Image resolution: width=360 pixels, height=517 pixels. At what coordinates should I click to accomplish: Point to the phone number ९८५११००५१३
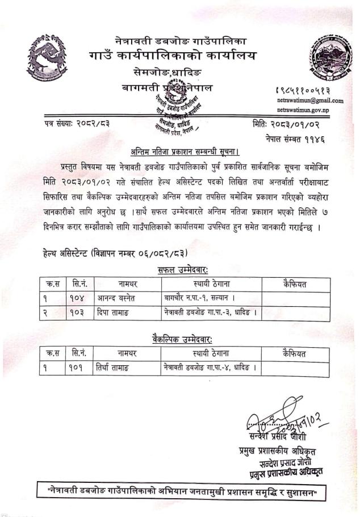point(311,90)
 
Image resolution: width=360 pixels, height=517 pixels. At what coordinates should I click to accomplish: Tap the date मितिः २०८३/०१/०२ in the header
point(289,123)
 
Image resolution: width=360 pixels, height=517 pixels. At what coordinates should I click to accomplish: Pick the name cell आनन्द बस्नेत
point(118,297)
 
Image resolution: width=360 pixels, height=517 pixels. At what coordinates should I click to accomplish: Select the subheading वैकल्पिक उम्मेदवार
point(182,339)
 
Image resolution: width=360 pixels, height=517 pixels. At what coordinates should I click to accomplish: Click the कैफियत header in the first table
point(294,282)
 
